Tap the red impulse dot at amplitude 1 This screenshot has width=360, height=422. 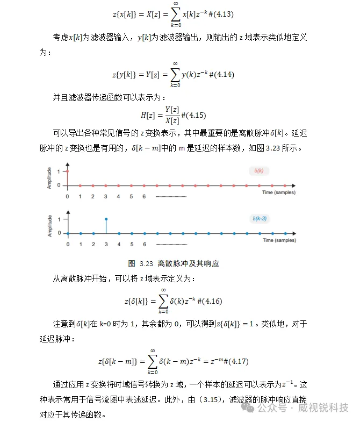pos(68,171)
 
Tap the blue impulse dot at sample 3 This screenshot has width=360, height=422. pos(106,219)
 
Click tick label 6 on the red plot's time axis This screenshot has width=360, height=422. pos(144,196)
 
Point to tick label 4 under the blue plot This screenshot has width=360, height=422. pos(119,244)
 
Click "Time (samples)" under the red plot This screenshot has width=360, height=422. pos(279,192)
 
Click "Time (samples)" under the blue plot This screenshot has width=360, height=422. pos(279,240)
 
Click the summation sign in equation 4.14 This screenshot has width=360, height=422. pos(175,74)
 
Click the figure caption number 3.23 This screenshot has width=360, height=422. pos(147,263)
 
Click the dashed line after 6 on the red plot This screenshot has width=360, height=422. pos(170,197)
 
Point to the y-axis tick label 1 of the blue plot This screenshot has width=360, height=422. pos(59,219)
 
